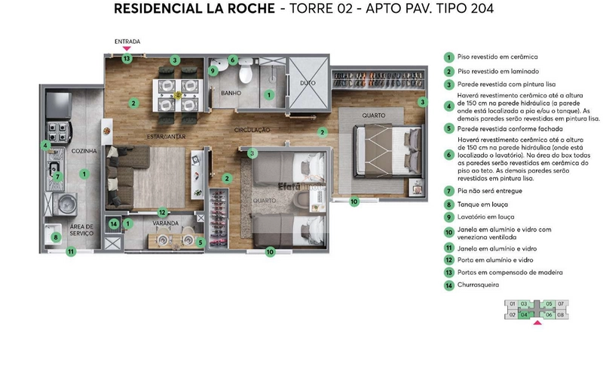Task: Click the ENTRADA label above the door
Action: pos(127,42)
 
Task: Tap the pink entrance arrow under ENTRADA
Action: pos(127,49)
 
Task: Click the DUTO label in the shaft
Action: pos(308,84)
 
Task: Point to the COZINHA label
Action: pos(84,152)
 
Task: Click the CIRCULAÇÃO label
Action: pos(252,131)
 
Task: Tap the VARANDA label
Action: pos(165,223)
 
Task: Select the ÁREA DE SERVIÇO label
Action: pos(81,229)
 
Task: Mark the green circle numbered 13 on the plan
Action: pos(127,58)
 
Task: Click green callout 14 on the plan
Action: pos(113,223)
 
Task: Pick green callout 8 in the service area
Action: pos(55,238)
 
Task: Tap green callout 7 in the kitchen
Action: pos(57,177)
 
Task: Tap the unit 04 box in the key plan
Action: pos(524,315)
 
